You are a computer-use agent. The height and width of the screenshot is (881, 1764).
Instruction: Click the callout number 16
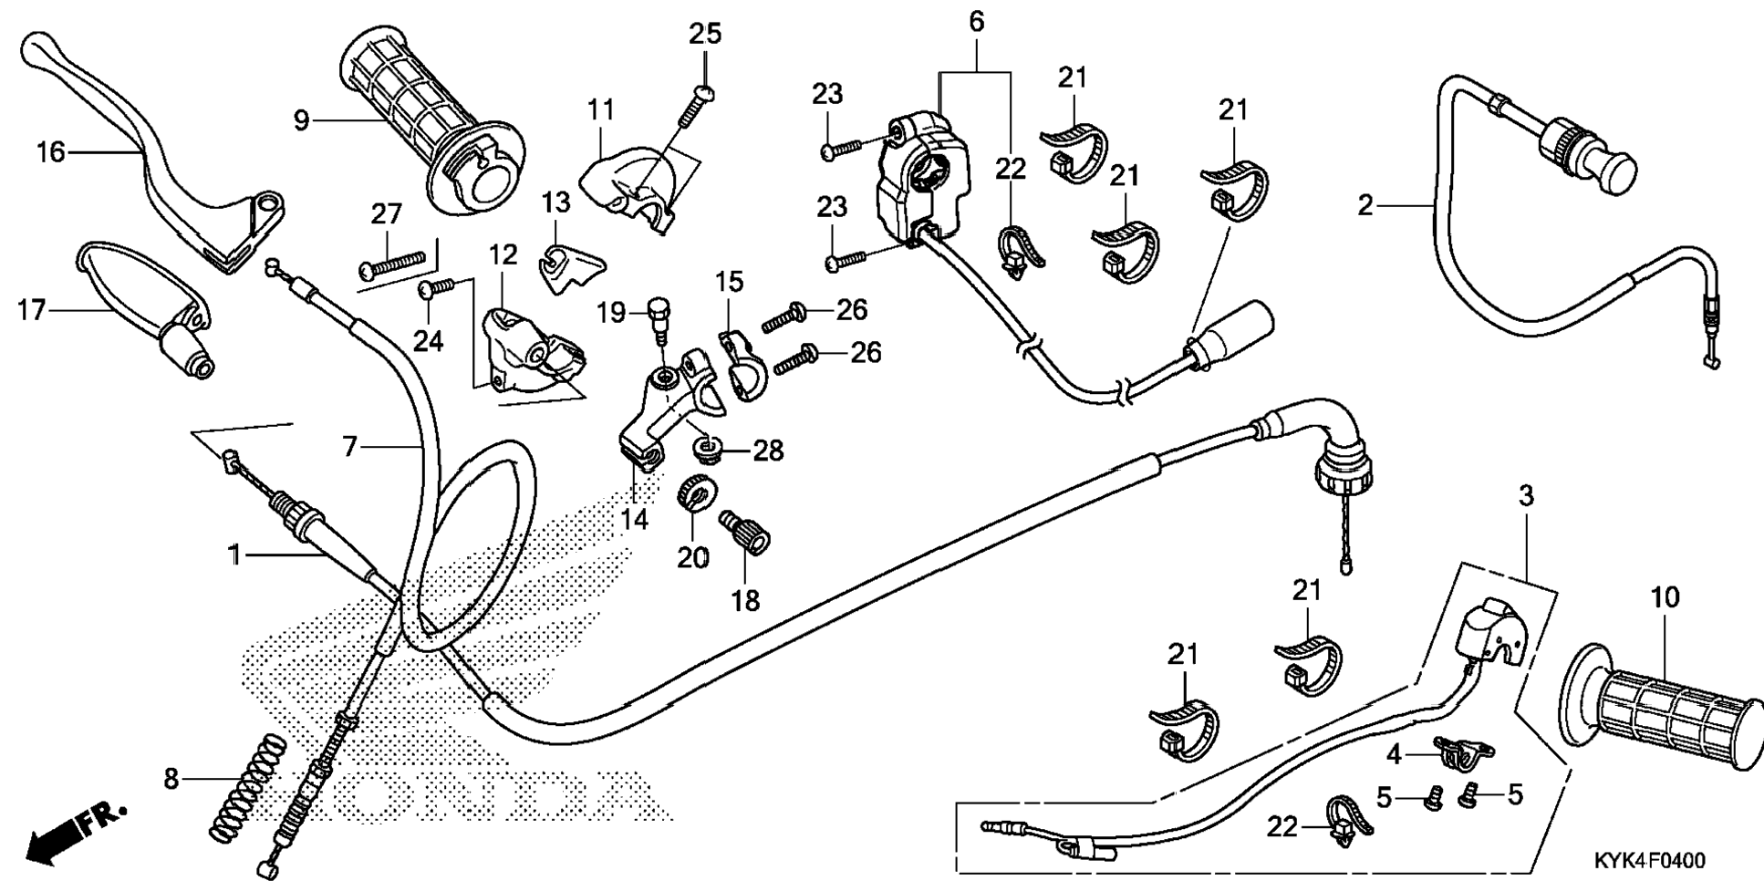pos(51,152)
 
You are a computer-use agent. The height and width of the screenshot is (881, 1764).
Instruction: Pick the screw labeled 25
pos(695,106)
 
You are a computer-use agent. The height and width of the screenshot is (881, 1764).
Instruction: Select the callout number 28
pos(768,450)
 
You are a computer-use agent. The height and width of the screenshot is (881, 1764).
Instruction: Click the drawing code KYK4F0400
pos(1649,860)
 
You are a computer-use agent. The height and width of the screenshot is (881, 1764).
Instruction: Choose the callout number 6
pos(977,22)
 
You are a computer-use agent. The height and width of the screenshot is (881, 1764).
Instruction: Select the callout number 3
pos(1526,496)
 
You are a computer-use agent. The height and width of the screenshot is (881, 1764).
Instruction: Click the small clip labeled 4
pos(1465,752)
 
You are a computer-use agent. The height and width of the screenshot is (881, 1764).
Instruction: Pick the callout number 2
pos(1365,205)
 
